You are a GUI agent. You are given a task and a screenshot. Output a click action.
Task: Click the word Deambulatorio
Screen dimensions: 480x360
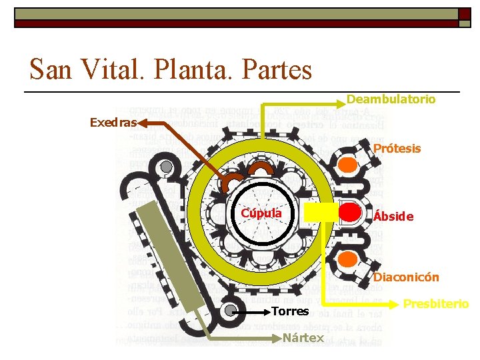point(391,99)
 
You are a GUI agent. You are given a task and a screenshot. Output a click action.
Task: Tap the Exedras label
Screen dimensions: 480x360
point(113,123)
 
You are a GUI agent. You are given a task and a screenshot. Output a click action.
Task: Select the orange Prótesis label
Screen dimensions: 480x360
point(397,149)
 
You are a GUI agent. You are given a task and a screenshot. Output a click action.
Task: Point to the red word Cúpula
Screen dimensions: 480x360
point(261,213)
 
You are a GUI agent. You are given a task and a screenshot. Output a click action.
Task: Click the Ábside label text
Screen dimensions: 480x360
point(393,217)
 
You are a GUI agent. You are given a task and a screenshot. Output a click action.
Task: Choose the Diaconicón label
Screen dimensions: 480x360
point(406,277)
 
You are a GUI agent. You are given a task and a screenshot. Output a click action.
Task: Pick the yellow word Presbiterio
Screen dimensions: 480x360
point(437,304)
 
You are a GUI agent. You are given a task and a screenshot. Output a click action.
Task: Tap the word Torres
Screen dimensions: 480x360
point(291,311)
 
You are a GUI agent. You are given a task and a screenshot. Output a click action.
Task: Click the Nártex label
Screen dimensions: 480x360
point(303,337)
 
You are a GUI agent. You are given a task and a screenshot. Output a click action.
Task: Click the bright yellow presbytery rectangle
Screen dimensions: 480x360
point(319,212)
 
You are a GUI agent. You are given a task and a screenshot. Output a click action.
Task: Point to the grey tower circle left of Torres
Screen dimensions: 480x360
point(231,311)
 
